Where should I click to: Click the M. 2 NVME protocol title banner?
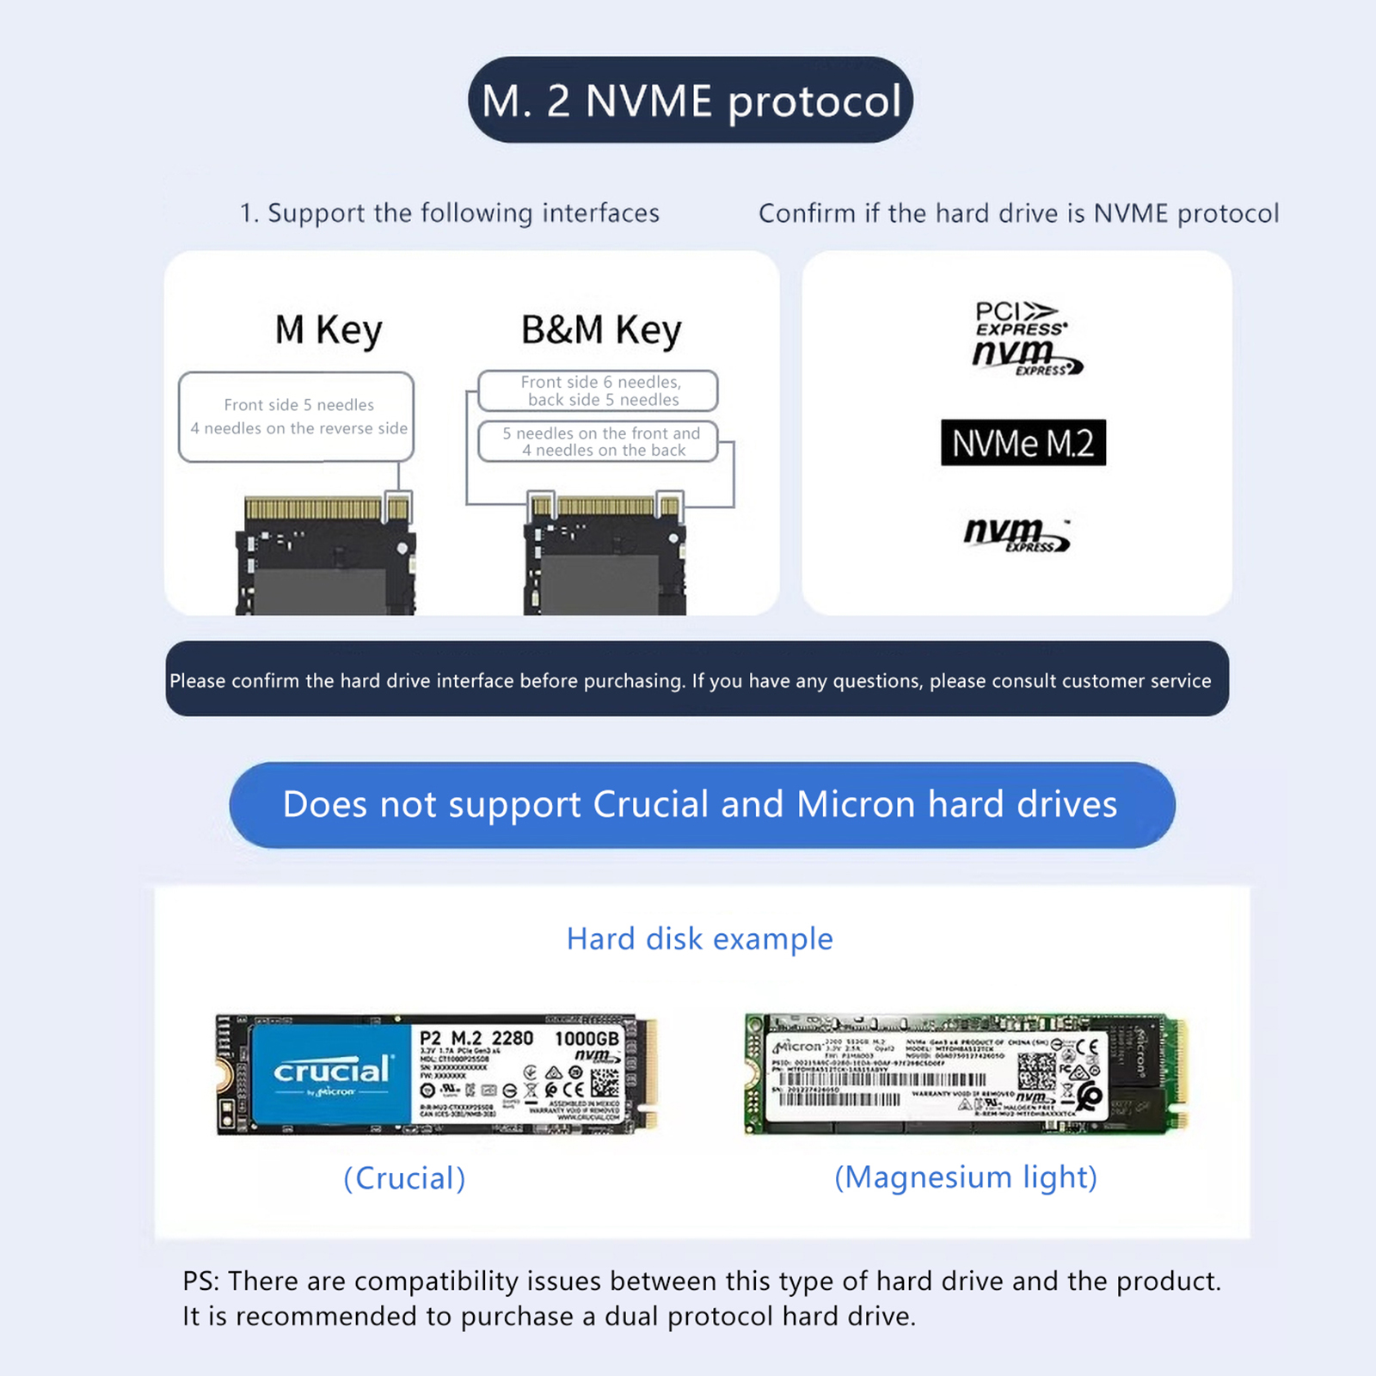coord(690,101)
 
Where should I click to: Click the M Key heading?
coord(328,330)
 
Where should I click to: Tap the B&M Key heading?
coord(601,330)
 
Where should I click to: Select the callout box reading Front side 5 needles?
coord(297,416)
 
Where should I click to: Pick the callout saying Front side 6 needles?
coord(599,390)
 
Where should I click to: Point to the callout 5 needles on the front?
coord(599,441)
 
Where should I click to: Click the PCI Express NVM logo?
coord(1023,337)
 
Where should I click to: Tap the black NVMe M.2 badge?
coord(1023,443)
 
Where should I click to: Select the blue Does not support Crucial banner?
coord(701,805)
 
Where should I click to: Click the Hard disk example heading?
coord(699,938)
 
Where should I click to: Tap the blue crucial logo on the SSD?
coord(331,1072)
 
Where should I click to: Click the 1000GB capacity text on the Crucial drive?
coord(587,1038)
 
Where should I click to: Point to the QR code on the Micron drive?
coord(1035,1071)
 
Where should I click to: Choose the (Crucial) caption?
coord(404,1177)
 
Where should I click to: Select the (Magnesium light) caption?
coord(965,1176)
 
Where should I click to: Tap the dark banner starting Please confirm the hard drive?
coord(697,679)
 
